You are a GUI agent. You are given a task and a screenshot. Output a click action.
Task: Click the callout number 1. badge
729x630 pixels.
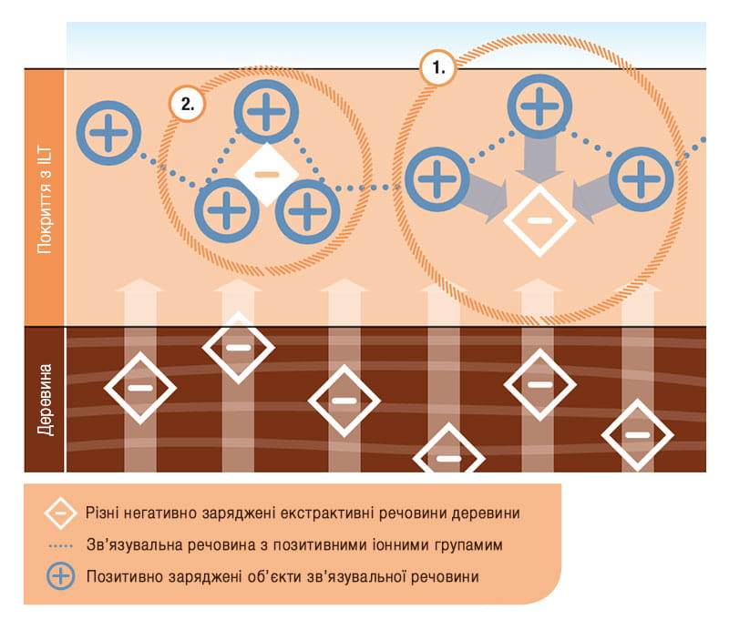click(x=438, y=68)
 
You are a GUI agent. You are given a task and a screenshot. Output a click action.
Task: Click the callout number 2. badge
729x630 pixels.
click(x=187, y=104)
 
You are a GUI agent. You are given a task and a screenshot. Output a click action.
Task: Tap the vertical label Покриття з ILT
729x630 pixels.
click(x=45, y=199)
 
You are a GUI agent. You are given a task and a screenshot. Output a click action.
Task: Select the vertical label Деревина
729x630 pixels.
click(x=45, y=400)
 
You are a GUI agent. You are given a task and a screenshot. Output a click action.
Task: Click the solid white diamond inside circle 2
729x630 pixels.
click(x=266, y=174)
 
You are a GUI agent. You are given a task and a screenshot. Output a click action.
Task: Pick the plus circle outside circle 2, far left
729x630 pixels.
click(x=108, y=133)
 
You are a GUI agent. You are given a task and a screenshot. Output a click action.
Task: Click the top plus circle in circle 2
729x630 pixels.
click(x=266, y=111)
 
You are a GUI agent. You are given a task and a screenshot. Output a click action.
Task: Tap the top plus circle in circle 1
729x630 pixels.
click(x=539, y=107)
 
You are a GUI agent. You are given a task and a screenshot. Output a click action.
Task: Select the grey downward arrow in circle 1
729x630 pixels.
click(x=539, y=158)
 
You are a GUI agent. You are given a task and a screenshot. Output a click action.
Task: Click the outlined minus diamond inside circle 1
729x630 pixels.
click(x=539, y=220)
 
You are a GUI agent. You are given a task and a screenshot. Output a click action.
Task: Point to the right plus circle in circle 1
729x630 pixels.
click(x=642, y=179)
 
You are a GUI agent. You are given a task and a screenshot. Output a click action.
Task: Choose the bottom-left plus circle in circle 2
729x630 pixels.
click(x=226, y=210)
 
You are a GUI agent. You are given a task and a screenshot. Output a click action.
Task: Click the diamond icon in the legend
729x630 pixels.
click(x=60, y=513)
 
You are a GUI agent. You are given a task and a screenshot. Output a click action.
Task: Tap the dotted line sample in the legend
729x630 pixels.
click(x=61, y=546)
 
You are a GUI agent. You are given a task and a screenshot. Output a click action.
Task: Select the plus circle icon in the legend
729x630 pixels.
click(x=60, y=576)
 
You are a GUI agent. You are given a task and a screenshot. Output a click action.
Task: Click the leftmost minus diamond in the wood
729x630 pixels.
click(x=140, y=388)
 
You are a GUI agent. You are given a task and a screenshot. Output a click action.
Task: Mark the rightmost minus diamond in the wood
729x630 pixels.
click(x=637, y=435)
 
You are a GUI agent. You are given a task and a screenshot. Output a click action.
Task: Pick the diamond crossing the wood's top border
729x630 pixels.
click(x=239, y=348)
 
